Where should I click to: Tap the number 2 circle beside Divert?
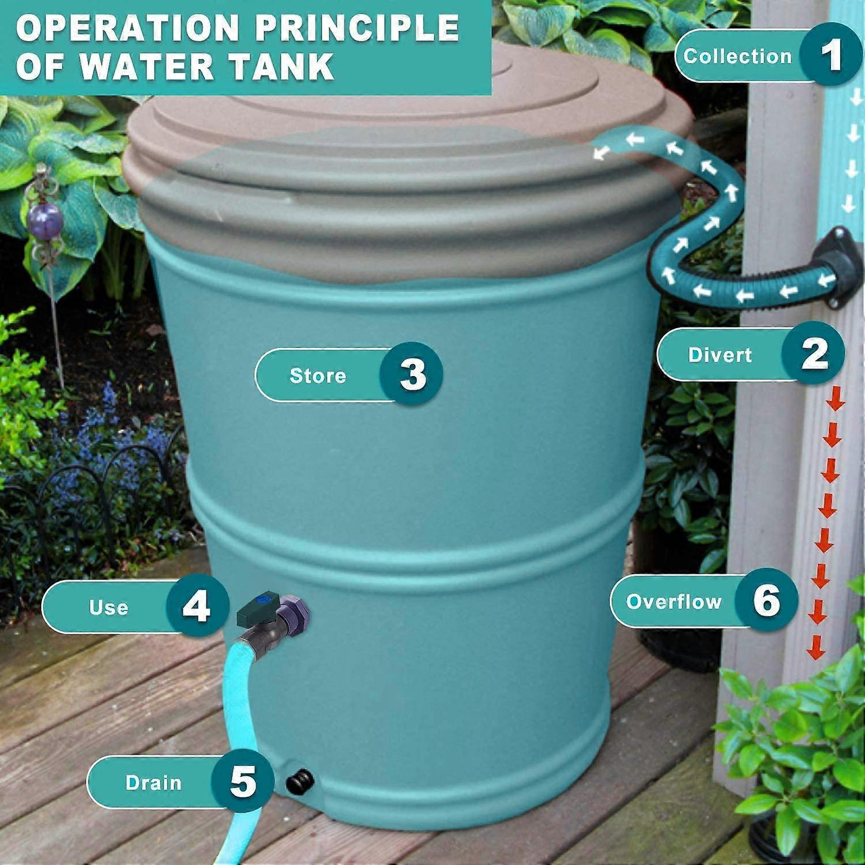pos(814,353)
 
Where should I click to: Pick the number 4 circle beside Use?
pos(197,607)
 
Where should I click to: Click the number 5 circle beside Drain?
pos(242,782)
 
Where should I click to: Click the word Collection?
pos(738,56)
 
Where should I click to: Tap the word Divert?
pos(720,355)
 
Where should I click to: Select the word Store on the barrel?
pos(318,375)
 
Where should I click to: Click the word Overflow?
pos(674,601)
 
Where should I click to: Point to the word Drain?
pos(153,783)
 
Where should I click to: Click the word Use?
pos(108,607)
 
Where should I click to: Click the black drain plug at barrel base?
pos(300,782)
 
